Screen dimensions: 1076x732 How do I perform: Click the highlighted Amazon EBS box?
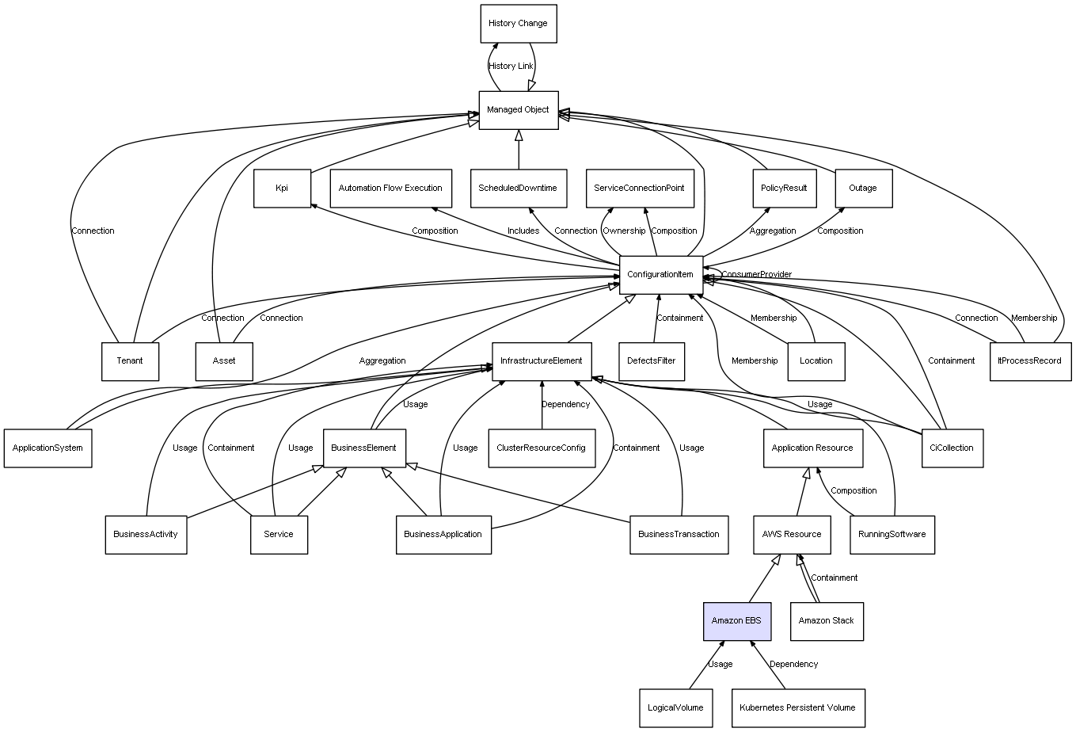tap(737, 621)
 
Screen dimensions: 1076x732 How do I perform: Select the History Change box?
tap(519, 24)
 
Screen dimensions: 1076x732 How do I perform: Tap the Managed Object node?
tap(519, 110)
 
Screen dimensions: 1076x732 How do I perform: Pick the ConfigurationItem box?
tap(661, 275)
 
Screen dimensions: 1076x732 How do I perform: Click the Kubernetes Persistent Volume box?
tap(798, 708)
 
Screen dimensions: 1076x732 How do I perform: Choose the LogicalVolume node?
tap(675, 708)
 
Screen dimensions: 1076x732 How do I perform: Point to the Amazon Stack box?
tap(827, 621)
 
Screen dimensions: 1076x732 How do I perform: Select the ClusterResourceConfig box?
tap(542, 448)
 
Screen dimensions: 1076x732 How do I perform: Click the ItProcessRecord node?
tap(1030, 361)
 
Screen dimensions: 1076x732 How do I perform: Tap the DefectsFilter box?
tap(652, 361)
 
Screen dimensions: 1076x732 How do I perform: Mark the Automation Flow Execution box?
tap(390, 189)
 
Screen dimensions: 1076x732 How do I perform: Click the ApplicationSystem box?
tap(48, 448)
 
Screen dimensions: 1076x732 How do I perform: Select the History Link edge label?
tap(511, 67)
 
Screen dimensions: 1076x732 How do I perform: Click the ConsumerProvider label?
tap(757, 274)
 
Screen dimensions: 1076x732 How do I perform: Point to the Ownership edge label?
tap(624, 231)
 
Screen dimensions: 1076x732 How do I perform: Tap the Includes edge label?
tap(523, 231)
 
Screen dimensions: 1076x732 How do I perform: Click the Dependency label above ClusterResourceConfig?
tap(565, 405)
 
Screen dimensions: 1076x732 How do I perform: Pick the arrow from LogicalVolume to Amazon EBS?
tap(707, 665)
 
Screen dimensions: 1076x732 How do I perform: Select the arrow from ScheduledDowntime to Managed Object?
tap(519, 150)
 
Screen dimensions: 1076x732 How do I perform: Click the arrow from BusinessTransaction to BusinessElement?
tap(518, 493)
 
